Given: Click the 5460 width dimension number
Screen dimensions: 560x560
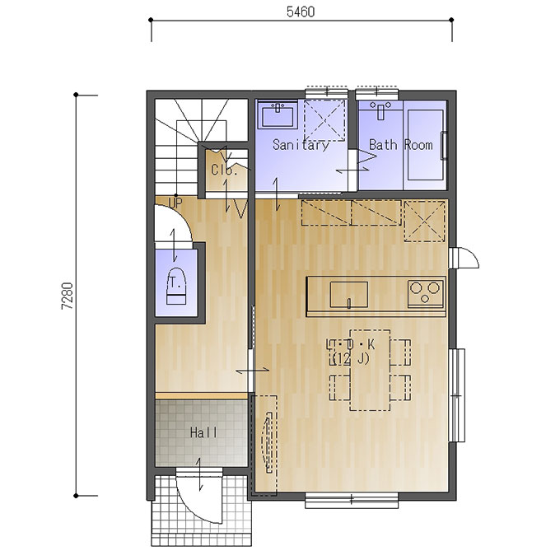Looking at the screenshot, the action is click(x=301, y=12).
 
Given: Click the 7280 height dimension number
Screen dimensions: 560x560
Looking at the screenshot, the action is click(x=68, y=296).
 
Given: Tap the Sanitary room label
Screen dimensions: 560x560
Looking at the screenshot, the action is click(x=301, y=145).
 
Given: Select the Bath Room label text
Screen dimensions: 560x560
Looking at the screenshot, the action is click(x=401, y=145).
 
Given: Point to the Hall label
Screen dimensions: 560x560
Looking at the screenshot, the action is click(x=203, y=433).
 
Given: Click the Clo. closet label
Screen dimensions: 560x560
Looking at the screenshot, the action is click(x=224, y=170).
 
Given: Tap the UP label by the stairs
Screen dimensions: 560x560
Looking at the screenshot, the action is click(x=175, y=203).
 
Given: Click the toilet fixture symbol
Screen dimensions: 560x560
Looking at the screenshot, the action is click(x=176, y=286).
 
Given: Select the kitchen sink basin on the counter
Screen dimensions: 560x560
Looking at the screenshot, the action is click(x=349, y=294).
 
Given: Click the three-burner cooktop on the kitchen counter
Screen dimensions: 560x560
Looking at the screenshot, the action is click(x=426, y=293).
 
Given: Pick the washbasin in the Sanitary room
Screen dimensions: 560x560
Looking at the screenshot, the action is click(x=278, y=114).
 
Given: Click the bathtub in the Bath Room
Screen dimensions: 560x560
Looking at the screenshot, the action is click(x=426, y=144).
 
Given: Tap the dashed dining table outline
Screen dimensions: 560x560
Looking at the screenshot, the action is click(x=370, y=370).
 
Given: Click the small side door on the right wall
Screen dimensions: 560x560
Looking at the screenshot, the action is click(x=464, y=257).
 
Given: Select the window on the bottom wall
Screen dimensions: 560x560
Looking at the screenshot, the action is click(x=352, y=500).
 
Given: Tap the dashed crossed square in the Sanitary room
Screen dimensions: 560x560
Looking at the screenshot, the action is click(x=324, y=120).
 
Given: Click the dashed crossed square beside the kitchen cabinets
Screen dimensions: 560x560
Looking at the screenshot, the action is click(x=425, y=222).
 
